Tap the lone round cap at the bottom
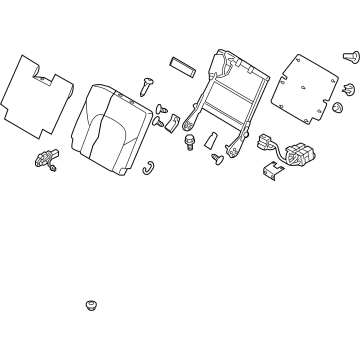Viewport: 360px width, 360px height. pyautogui.click(x=91, y=302)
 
